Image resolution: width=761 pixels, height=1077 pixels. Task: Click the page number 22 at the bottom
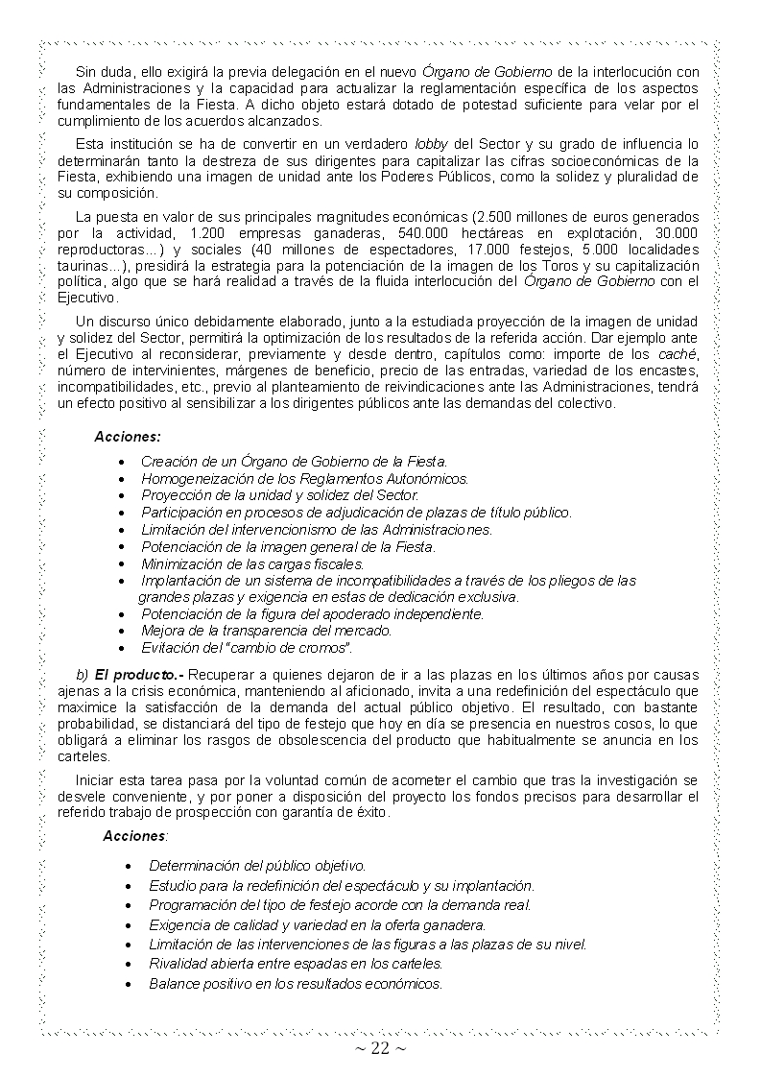(380, 1048)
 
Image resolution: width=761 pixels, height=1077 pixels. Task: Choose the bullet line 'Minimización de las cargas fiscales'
(252, 563)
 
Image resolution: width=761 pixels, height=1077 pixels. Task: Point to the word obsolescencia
(413, 740)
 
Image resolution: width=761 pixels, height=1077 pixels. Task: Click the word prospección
(213, 812)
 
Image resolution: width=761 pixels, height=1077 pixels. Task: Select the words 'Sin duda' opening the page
(102, 73)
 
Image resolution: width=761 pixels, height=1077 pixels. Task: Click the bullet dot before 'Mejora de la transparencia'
(120, 631)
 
